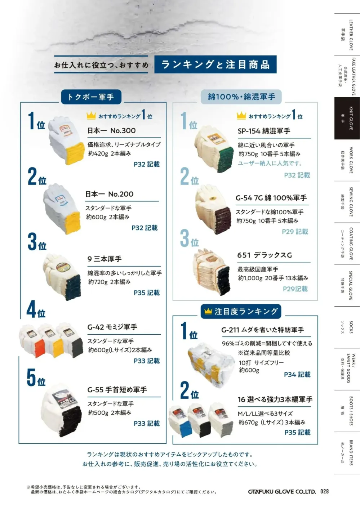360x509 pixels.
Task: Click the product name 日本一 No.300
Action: [111, 131]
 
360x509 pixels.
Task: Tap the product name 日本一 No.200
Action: [109, 194]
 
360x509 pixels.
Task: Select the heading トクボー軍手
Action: [91, 97]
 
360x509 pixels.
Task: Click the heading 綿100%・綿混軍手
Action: [241, 97]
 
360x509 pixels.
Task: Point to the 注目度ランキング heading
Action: [241, 311]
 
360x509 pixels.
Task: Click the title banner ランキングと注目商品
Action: [215, 64]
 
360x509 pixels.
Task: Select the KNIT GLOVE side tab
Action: [347, 118]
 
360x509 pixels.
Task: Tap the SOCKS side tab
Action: [347, 327]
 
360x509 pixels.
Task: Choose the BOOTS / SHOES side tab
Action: [347, 411]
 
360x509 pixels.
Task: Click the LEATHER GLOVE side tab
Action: [347, 35]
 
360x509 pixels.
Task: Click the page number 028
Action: [324, 491]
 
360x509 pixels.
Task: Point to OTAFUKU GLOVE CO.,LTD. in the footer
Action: [282, 492]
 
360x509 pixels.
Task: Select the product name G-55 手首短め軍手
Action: [117, 390]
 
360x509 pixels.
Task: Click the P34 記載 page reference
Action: [297, 375]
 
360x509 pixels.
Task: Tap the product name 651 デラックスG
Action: [265, 255]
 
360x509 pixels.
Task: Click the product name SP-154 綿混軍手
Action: [264, 131]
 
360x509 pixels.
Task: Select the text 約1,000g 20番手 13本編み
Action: [273, 278]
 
